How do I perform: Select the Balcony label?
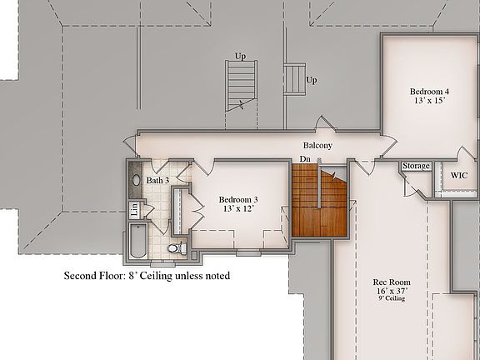pyautogui.click(x=317, y=145)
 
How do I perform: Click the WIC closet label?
pyautogui.click(x=459, y=175)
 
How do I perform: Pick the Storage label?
pyautogui.click(x=416, y=166)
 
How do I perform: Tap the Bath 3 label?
pyautogui.click(x=157, y=180)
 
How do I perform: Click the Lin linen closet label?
pyautogui.click(x=134, y=210)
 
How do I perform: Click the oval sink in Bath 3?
pyautogui.click(x=136, y=180)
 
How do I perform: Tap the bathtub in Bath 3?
pyautogui.click(x=138, y=241)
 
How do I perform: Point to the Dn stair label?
pyautogui.click(x=305, y=159)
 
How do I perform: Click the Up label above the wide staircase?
pyautogui.click(x=240, y=57)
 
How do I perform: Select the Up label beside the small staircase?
pyautogui.click(x=312, y=81)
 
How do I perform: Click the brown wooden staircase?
pyautogui.click(x=319, y=200)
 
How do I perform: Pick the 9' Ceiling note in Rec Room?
pyautogui.click(x=392, y=298)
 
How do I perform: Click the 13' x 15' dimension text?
pyautogui.click(x=429, y=100)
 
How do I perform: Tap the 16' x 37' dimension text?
pyautogui.click(x=392, y=291)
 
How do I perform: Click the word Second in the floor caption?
pyautogui.click(x=81, y=276)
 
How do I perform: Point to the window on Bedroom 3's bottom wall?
pyautogui.click(x=248, y=252)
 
